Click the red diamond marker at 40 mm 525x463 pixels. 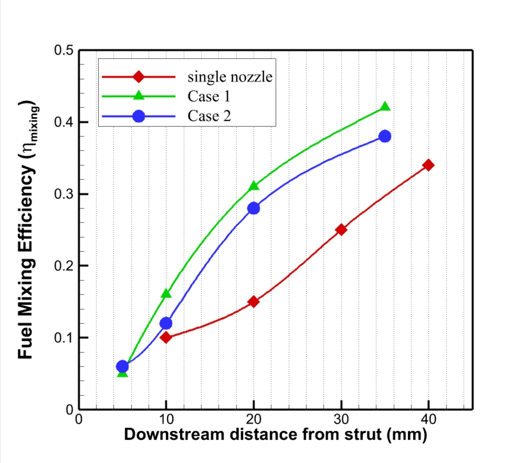pos(428,165)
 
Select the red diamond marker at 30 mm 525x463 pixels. pos(341,230)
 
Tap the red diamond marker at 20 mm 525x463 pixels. pos(253,302)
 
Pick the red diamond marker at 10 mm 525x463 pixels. pos(166,337)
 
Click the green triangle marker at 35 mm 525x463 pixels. pos(385,107)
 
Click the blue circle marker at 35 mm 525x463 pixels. pos(385,136)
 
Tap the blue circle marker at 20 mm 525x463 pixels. pos(253,208)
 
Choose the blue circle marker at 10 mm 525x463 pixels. pos(166,323)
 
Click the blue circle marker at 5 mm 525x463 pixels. pos(122,366)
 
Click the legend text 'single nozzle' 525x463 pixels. pos(230,77)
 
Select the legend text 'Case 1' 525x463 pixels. pos(209,96)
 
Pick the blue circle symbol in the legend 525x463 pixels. pos(139,116)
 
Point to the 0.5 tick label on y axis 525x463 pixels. pos(64,50)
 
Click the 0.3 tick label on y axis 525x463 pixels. pos(64,194)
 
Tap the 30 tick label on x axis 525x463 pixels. pos(341,419)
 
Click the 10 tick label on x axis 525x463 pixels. pos(166,419)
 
